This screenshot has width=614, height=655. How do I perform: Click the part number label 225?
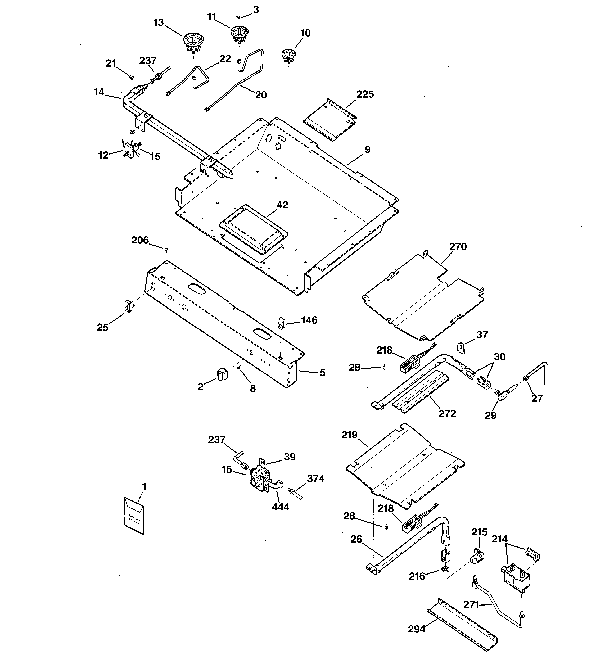coord(365,94)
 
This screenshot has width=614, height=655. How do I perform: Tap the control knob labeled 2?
coord(223,375)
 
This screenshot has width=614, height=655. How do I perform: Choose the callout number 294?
coord(417,629)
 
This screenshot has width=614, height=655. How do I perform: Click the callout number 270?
coord(458,246)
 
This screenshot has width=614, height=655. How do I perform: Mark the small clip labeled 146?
coord(281,323)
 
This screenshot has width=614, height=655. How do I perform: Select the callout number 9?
coord(367,150)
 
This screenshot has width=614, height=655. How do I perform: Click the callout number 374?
coord(315,478)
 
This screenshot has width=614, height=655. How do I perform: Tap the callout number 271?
coord(471,605)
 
